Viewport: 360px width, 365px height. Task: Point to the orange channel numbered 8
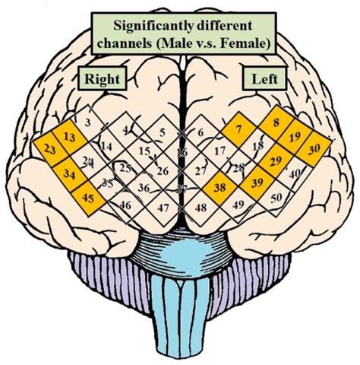(276, 122)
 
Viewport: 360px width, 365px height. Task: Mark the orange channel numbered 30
(314, 148)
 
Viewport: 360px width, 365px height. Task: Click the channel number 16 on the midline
(181, 154)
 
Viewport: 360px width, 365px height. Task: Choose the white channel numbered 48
(201, 206)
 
